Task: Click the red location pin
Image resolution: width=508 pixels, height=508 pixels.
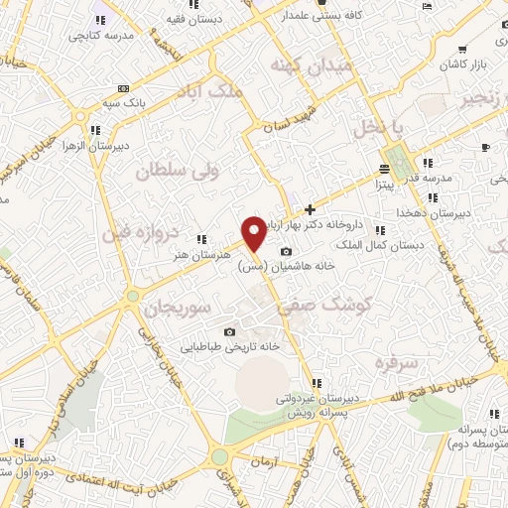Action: [x=254, y=232]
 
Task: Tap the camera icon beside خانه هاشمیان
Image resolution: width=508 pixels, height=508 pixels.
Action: [x=287, y=252]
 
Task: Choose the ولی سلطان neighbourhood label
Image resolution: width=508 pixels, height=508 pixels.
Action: [x=163, y=172]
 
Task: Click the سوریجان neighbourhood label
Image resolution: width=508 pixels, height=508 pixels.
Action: [x=178, y=308]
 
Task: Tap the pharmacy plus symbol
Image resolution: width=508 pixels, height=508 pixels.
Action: [x=311, y=209]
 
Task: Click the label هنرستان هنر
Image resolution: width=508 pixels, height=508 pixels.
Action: [x=172, y=254]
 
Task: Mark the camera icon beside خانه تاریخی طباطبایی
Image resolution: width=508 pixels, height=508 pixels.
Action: [x=230, y=331]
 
